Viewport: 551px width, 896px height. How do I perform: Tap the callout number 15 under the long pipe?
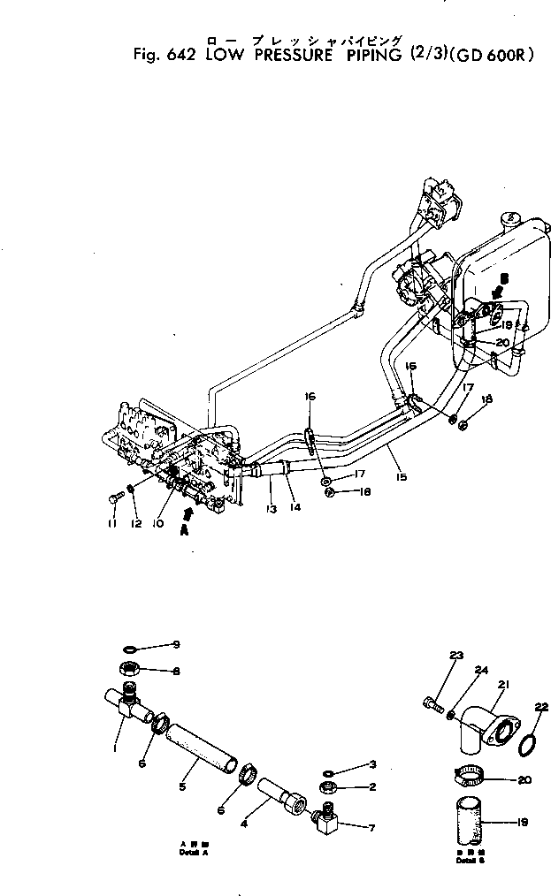(402, 477)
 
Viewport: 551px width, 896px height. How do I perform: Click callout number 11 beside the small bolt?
(111, 525)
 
